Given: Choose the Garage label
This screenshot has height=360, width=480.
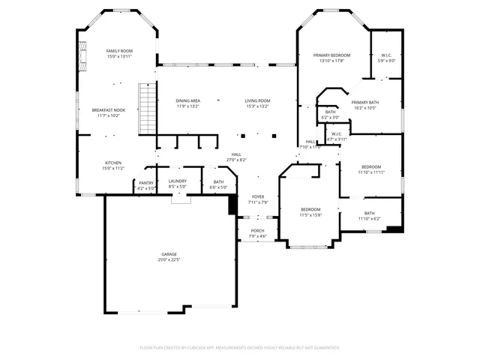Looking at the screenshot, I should tap(169, 256).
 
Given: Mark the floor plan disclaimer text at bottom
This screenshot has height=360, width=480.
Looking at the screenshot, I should tap(240, 347).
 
